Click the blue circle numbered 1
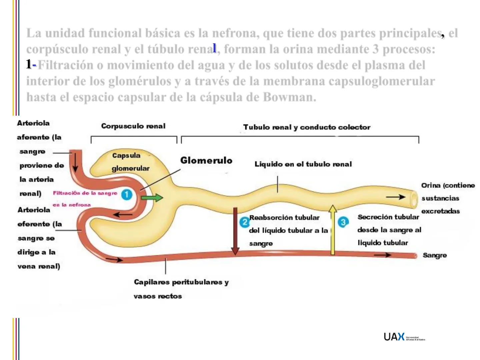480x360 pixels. (126, 195)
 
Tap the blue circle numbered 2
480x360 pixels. (244, 222)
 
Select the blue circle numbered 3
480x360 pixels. (343, 222)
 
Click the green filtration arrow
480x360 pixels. (152, 198)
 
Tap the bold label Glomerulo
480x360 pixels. (206, 161)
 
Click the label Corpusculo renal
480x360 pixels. (133, 126)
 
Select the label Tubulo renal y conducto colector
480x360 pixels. (307, 127)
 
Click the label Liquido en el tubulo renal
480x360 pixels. (303, 164)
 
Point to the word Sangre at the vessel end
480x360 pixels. (435, 255)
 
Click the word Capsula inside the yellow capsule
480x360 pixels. (126, 156)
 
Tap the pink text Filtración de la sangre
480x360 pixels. (85, 193)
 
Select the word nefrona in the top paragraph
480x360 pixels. (234, 33)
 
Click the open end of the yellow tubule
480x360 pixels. (414, 199)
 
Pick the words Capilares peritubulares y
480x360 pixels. (181, 282)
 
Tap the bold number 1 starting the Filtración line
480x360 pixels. (29, 64)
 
